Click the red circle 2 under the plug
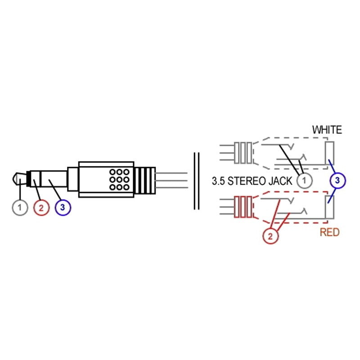[41, 207]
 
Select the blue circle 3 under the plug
[63, 207]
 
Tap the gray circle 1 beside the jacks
[305, 180]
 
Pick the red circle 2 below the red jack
[271, 235]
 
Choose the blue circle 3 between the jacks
[337, 181]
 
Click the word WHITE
[327, 130]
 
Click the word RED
[329, 233]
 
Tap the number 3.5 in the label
[218, 181]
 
